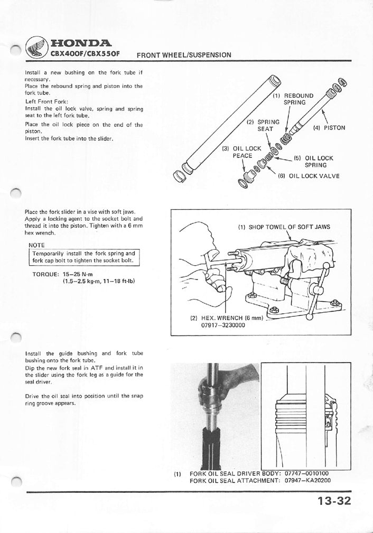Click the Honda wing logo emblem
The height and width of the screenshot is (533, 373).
tap(36, 48)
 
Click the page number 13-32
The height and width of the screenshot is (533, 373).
tap(334, 501)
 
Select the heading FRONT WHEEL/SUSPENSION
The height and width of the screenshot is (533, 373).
tap(184, 55)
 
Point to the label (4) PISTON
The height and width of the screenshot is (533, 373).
tap(329, 128)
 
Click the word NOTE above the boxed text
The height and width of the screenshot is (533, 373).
tap(36, 245)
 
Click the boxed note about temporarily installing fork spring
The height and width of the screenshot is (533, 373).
tap(83, 257)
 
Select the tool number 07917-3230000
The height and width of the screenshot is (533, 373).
tap(223, 325)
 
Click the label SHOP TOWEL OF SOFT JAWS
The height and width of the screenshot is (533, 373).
tap(284, 227)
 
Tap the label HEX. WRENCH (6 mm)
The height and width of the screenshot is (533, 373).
tap(226, 318)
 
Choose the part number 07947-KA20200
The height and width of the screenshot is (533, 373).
tap(307, 481)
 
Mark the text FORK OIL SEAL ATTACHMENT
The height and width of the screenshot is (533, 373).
tap(235, 481)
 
